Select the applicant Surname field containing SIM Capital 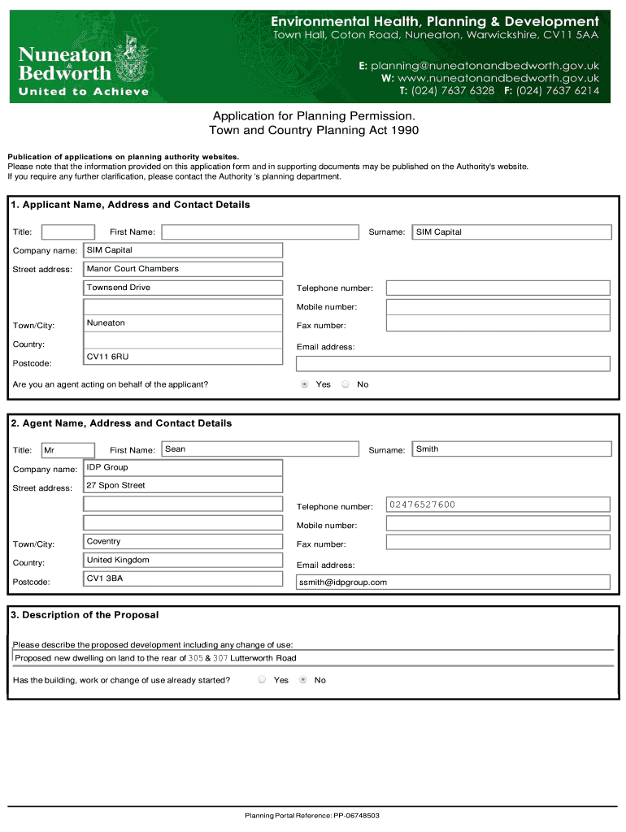511,232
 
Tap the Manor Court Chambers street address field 184,269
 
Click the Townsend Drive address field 184,288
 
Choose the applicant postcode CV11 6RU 184,357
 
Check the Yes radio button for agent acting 305,384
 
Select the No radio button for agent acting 346,384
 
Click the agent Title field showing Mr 67,450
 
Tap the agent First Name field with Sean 260,449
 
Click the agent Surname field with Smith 511,449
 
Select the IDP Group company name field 184,468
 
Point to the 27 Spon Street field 184,486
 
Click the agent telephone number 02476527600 498,505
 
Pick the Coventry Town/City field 184,542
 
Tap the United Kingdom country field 184,561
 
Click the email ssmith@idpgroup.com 453,582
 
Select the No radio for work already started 303,680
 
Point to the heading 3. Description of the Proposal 85,615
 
